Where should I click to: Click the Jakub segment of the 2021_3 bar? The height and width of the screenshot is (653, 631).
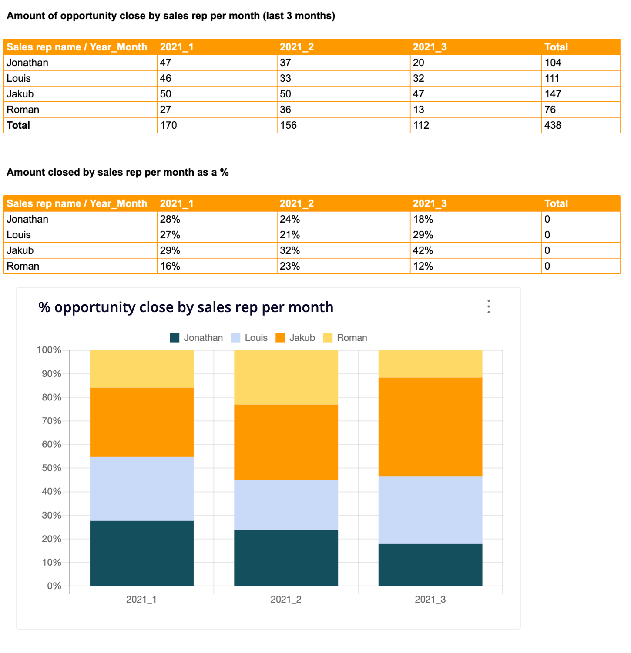coord(430,427)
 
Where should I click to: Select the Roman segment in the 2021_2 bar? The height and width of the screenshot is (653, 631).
coord(286,377)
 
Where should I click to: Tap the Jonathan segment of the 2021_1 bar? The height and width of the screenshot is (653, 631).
coord(141,553)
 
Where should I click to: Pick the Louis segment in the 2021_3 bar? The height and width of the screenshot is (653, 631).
coord(430,510)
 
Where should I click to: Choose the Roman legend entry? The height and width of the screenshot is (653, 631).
coord(345,338)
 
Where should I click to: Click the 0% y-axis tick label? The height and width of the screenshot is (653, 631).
coord(54,586)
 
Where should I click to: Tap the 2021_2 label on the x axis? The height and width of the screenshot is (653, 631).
coord(286,600)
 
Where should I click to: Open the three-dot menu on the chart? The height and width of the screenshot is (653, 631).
coord(489,307)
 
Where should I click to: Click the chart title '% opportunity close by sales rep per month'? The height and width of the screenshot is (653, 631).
coord(186,307)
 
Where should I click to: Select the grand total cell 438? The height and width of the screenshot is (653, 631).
coord(553,125)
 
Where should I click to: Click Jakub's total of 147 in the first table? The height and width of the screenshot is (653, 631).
coord(553,94)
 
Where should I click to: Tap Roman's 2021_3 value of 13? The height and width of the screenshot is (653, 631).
coord(419,110)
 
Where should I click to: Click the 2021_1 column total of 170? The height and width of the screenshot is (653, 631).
coord(168,125)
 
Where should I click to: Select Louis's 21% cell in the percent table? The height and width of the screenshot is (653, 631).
coord(290,235)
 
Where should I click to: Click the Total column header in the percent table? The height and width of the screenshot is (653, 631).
coord(556,203)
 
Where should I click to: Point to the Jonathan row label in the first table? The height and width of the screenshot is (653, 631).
coord(27,63)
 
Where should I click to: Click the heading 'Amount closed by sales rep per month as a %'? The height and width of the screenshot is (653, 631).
coord(117,172)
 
